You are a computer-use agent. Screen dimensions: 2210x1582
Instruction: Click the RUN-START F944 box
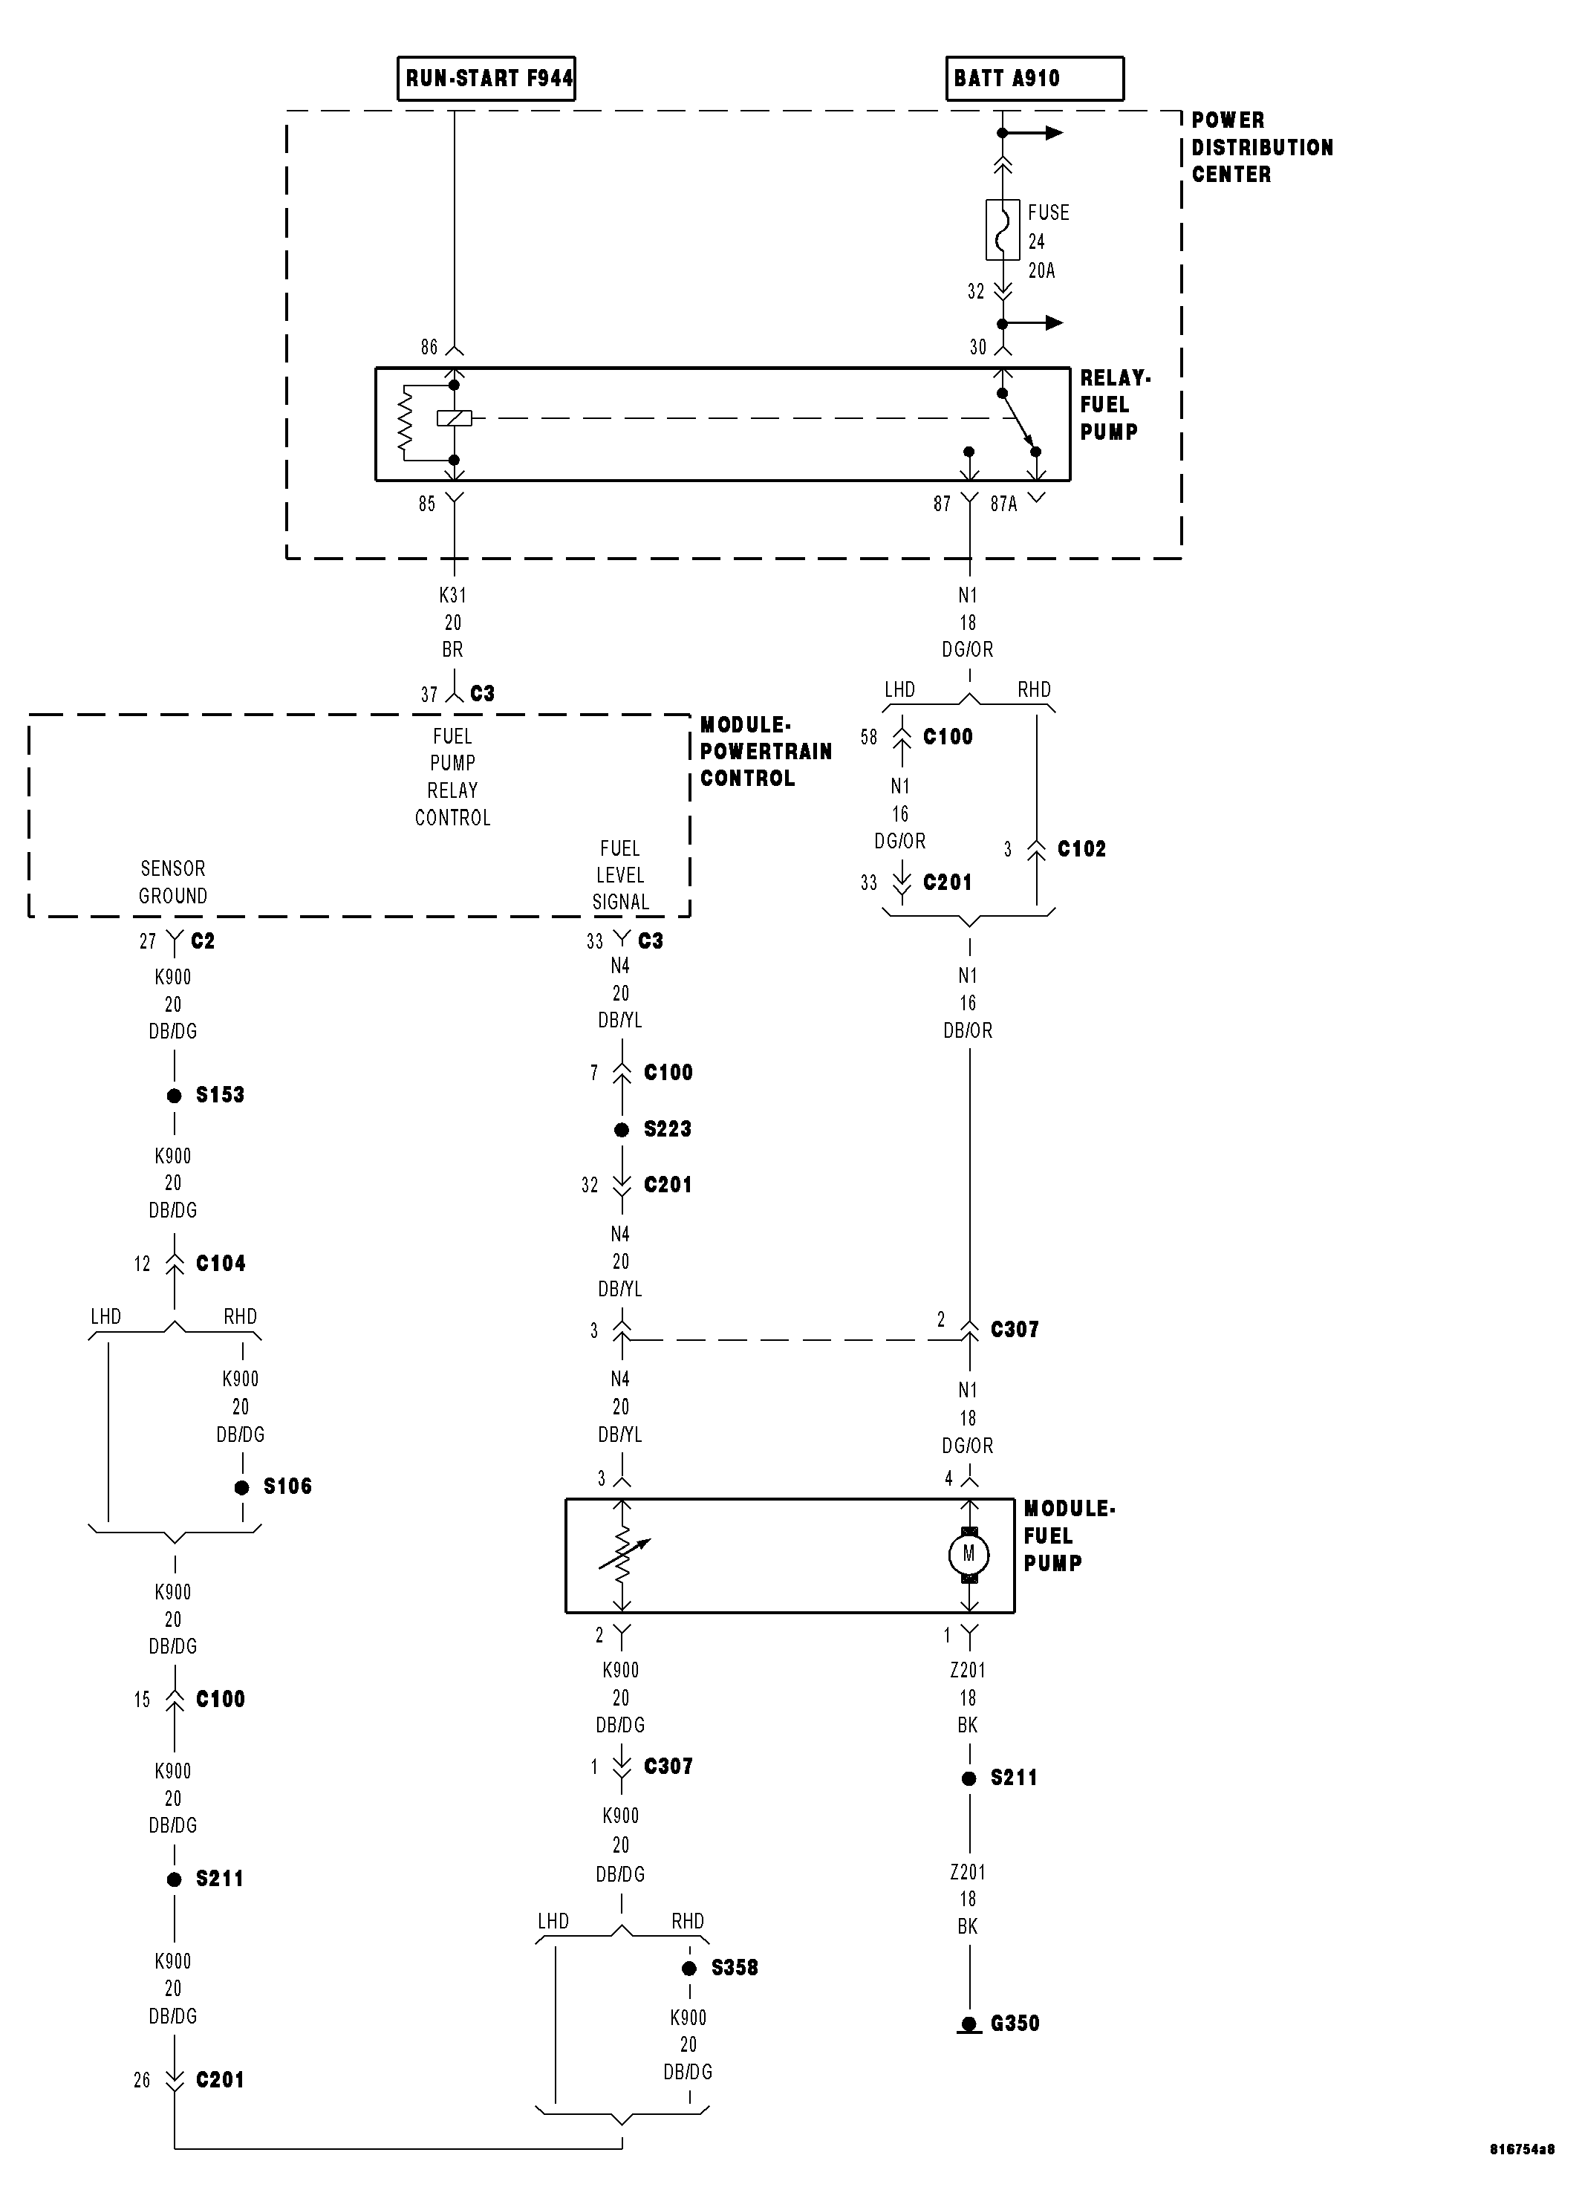(486, 78)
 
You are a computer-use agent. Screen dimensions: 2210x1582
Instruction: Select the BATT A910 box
(1034, 78)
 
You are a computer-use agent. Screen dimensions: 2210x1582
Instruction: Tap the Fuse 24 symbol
(1003, 230)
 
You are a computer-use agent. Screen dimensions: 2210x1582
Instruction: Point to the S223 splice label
(667, 1129)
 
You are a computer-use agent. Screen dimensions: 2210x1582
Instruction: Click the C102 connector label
(1081, 849)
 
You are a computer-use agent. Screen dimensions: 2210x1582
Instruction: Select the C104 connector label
(220, 1264)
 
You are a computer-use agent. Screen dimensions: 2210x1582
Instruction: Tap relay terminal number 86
(429, 348)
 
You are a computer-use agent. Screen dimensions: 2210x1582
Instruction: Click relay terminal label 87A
(1003, 504)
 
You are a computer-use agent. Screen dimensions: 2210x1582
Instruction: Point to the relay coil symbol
(454, 419)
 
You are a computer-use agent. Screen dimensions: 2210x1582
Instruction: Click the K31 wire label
(453, 595)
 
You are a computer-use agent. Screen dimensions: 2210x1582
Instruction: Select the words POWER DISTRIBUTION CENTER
(1260, 147)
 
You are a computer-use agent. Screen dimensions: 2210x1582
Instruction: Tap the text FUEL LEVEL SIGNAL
(620, 875)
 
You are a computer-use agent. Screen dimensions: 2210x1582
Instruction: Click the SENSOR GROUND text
(172, 882)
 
